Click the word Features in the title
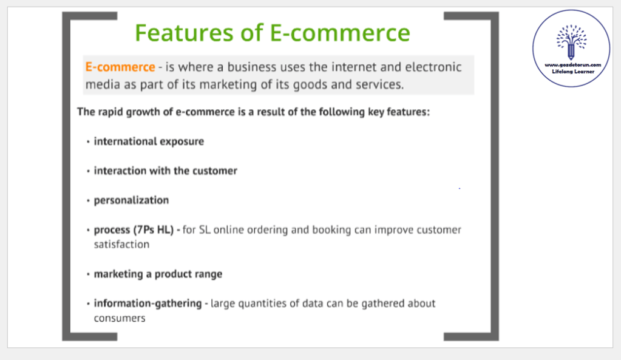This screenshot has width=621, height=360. click(184, 32)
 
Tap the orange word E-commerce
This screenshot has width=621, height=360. click(120, 67)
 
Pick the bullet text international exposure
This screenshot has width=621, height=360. click(149, 141)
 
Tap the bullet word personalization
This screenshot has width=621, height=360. click(131, 200)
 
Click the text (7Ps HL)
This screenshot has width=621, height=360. click(153, 230)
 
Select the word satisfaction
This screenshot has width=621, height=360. click(121, 245)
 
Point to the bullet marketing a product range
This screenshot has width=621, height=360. click(158, 274)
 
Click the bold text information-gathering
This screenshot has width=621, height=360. click(148, 304)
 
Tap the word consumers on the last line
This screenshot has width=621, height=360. click(120, 319)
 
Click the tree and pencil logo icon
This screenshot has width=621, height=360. click(571, 41)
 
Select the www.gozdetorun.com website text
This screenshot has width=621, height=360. click(572, 65)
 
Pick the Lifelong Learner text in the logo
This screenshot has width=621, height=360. click(573, 72)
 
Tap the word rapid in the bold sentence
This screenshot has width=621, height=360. click(110, 112)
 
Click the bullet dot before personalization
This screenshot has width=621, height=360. click(88, 201)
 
